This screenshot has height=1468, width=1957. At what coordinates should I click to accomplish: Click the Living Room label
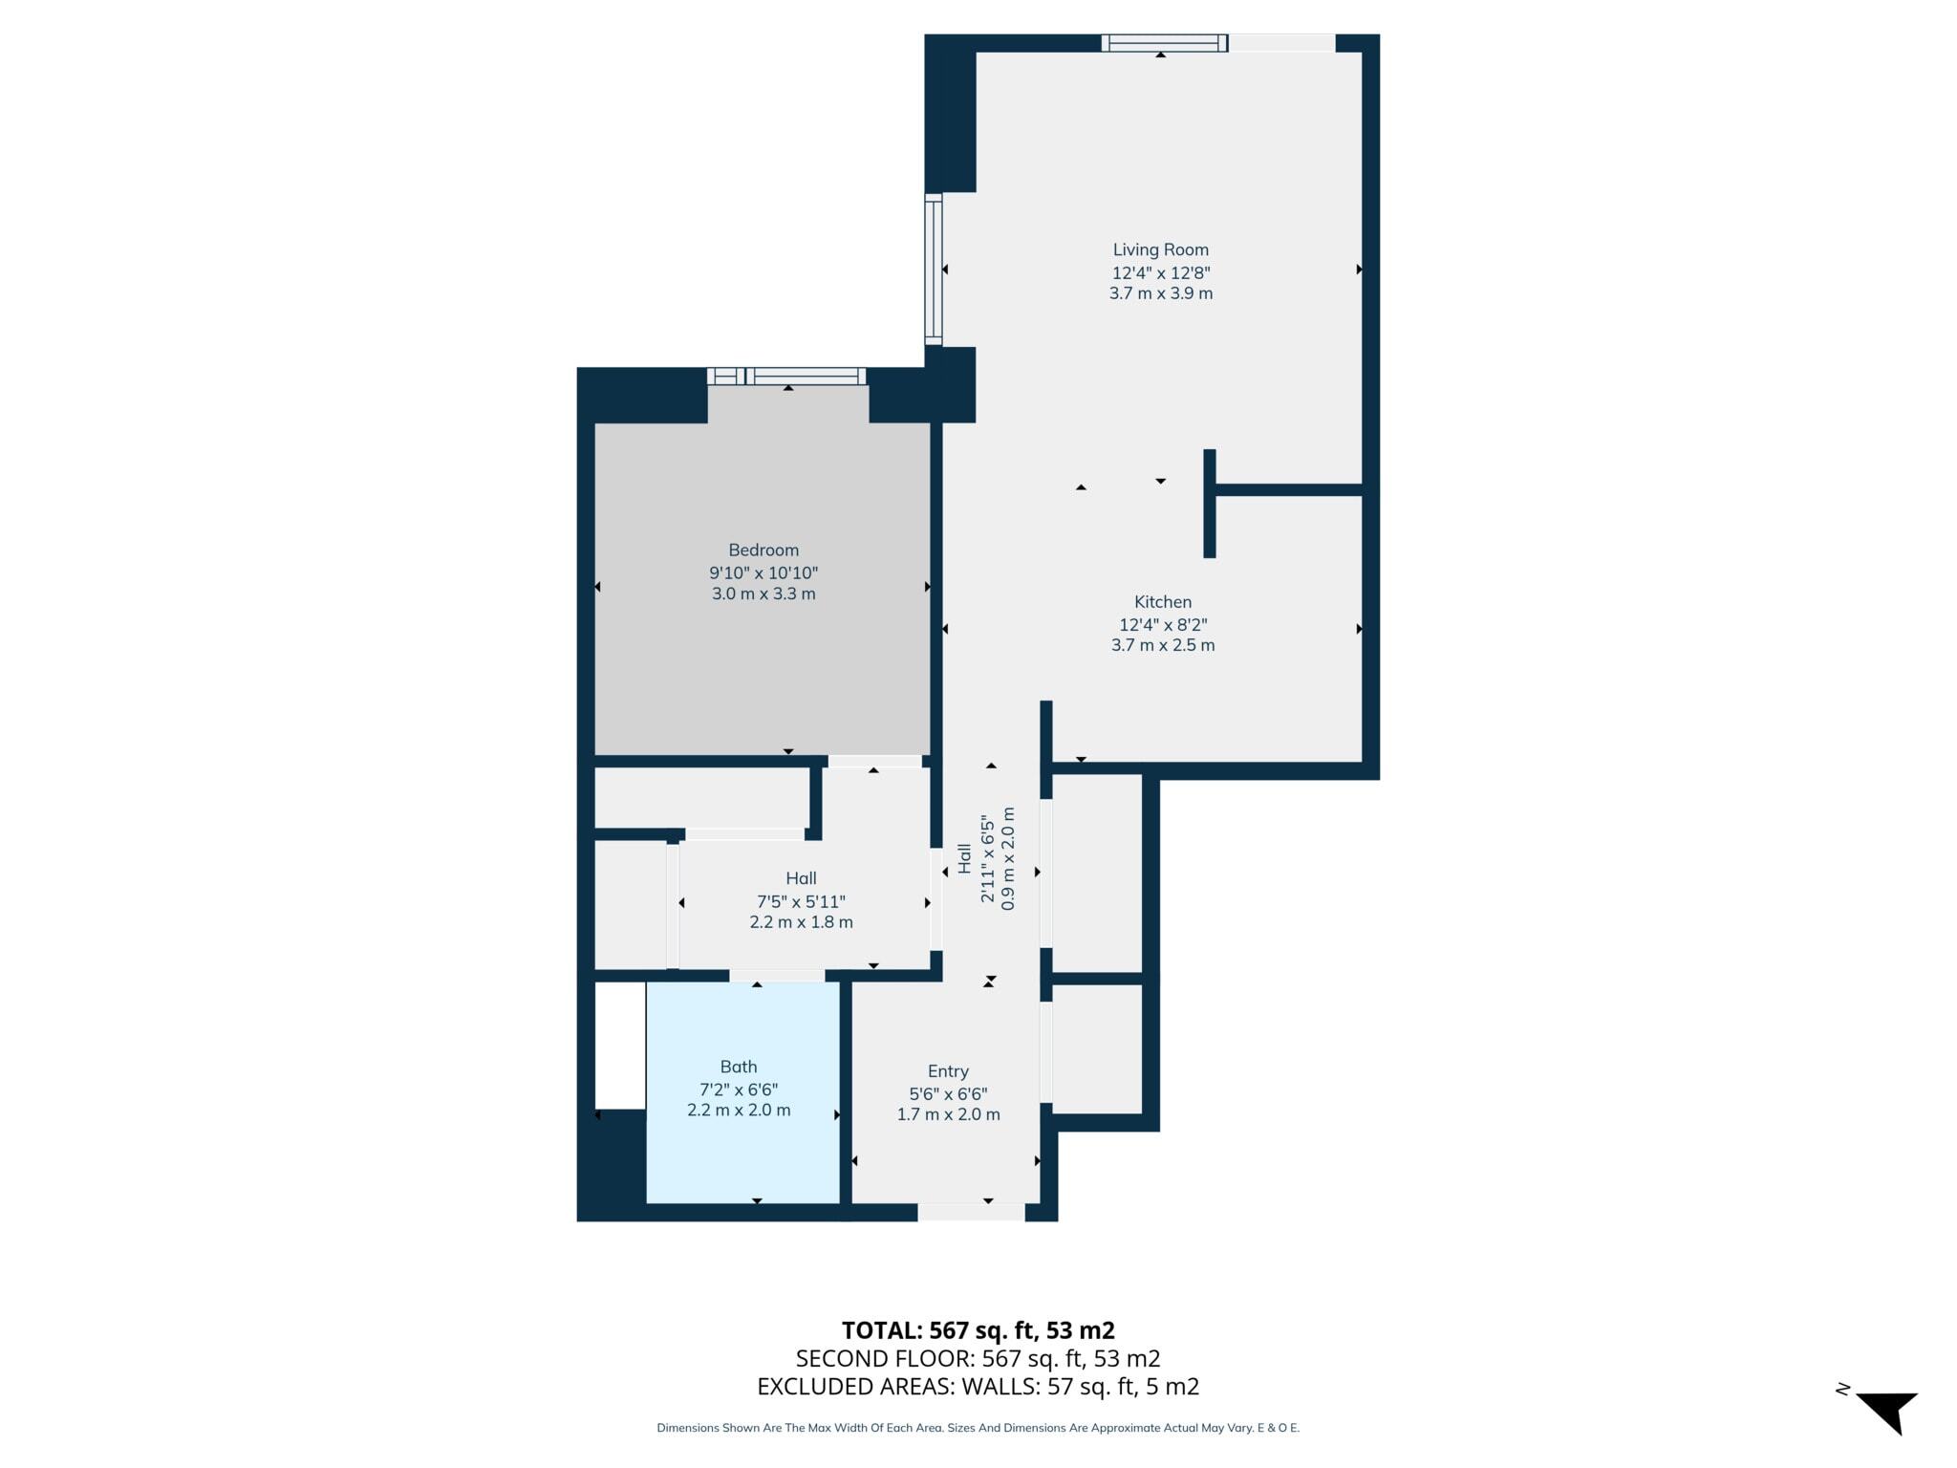(x=1160, y=249)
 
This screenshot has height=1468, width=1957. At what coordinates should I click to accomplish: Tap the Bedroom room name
(x=763, y=550)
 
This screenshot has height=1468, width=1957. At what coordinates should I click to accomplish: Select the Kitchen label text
(x=1163, y=602)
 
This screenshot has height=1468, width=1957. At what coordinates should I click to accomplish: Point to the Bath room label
(x=739, y=1067)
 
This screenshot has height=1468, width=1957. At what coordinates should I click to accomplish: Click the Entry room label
(x=948, y=1072)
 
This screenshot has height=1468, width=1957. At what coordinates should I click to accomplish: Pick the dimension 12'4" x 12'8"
(x=1161, y=272)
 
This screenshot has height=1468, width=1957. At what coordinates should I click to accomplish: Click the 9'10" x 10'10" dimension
(x=763, y=573)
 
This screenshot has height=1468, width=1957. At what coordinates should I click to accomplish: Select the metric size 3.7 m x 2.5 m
(x=1163, y=645)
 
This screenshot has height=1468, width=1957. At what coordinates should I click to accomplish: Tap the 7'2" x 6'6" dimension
(x=739, y=1090)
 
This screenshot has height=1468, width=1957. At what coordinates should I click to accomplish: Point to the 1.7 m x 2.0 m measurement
(x=948, y=1114)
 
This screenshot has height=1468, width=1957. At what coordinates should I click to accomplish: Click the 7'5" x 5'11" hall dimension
(x=801, y=901)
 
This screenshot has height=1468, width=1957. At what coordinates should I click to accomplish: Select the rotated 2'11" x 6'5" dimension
(x=988, y=858)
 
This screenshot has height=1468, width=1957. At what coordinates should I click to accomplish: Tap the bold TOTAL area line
(x=978, y=1330)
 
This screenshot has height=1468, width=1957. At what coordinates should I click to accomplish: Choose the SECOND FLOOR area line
(x=978, y=1358)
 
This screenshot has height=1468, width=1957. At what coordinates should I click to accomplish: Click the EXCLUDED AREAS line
(x=978, y=1386)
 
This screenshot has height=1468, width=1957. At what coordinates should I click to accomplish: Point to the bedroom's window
(x=786, y=377)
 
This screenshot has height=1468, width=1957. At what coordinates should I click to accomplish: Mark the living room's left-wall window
(x=934, y=270)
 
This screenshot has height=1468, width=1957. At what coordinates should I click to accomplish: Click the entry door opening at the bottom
(x=971, y=1212)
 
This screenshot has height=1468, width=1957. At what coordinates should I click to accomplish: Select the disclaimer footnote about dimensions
(x=978, y=1428)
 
